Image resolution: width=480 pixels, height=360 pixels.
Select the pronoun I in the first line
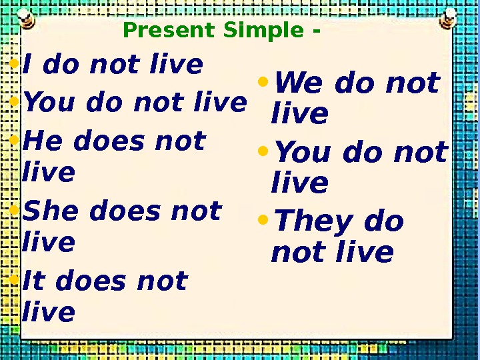point(28,65)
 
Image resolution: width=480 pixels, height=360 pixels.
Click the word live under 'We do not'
point(300,114)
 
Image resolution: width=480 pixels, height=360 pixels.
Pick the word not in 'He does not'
point(180,141)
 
